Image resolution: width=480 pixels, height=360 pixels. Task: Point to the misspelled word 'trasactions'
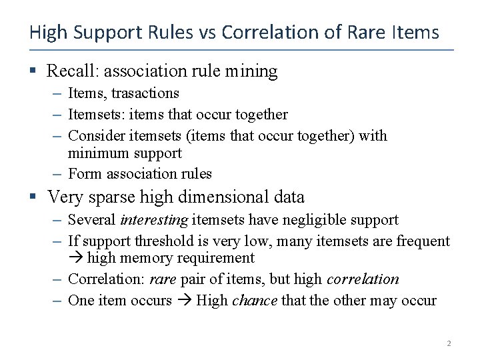[x=145, y=93]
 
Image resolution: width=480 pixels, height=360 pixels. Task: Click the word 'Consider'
[x=93, y=135]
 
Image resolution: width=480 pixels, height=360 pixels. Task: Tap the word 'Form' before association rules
[x=83, y=174]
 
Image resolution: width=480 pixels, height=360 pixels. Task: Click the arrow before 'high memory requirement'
[x=75, y=259]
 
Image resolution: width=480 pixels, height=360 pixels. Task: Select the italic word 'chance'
[x=255, y=301]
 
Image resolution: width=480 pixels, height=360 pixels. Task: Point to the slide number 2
[x=449, y=343]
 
